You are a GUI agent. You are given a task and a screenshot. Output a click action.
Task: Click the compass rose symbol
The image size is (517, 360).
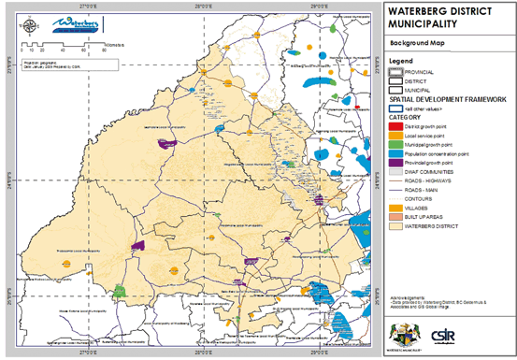point(35,20)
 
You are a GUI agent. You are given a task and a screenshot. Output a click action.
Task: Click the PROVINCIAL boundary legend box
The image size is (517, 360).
point(395,72)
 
